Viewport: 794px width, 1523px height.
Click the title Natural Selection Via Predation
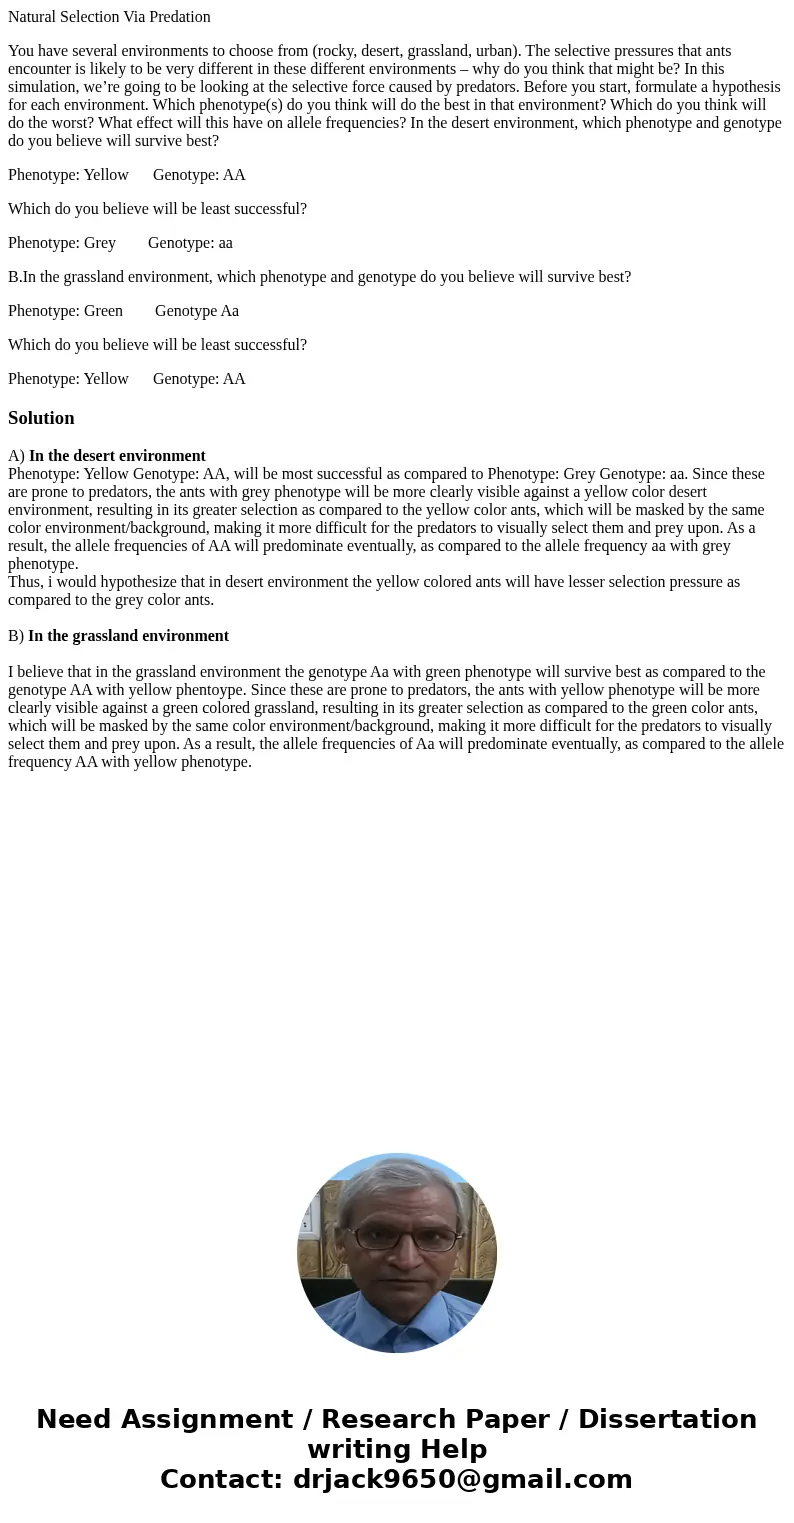(x=109, y=17)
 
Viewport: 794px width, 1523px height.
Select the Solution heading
(x=41, y=418)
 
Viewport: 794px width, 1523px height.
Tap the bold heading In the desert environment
(x=117, y=456)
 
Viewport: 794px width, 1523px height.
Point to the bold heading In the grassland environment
(x=128, y=636)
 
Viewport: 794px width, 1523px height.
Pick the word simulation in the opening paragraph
(x=42, y=87)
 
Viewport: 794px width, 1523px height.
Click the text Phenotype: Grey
(x=62, y=243)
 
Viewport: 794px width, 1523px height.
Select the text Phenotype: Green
(x=65, y=311)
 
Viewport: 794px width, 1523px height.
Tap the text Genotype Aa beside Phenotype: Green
(x=197, y=311)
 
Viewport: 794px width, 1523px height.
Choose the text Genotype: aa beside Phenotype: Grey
(x=190, y=243)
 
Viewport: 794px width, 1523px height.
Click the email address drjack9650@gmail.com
(x=462, y=1480)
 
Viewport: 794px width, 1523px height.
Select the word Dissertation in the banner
(x=667, y=1420)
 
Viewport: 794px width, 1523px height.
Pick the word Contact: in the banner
(x=221, y=1480)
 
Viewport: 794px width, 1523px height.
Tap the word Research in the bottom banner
(x=385, y=1420)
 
